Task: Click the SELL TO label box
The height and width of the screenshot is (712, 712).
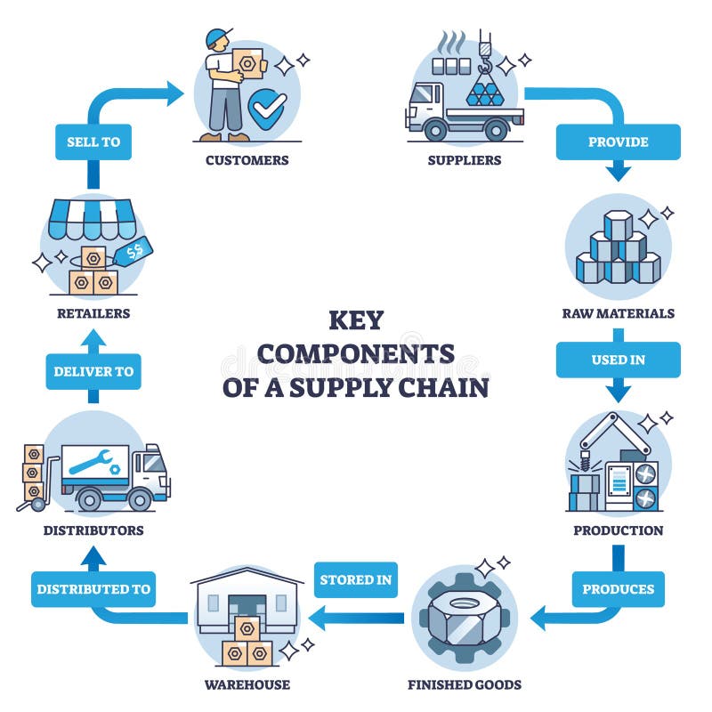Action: (93, 142)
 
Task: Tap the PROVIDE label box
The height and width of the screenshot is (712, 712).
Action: (618, 142)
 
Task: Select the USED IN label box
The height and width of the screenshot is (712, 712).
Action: (618, 360)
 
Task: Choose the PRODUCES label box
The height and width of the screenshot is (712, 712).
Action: (618, 589)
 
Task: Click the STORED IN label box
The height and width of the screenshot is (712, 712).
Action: (355, 579)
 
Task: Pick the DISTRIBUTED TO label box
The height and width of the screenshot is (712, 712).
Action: (93, 589)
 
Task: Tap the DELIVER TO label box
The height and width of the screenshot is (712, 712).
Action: (93, 372)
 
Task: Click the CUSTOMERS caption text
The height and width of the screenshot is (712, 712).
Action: (247, 161)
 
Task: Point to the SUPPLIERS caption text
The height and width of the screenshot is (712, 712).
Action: (464, 161)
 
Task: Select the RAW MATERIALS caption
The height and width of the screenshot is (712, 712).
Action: (618, 313)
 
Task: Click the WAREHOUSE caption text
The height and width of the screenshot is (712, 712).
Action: (247, 684)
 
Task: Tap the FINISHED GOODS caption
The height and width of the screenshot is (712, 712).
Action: (464, 684)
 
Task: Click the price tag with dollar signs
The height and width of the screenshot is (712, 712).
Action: (136, 252)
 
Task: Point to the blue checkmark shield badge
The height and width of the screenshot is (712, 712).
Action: (264, 111)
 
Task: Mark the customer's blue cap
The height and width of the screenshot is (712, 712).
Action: (217, 37)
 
